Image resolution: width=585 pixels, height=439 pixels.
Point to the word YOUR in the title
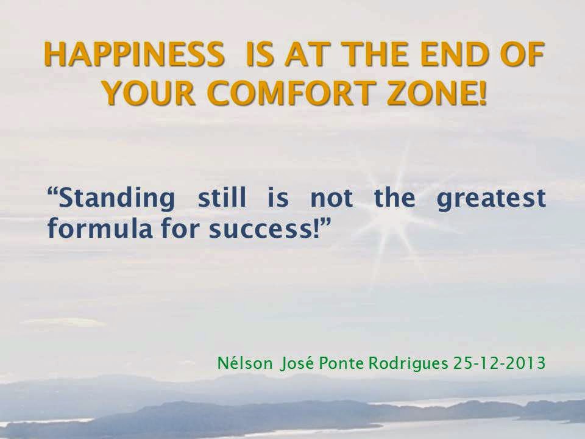149,93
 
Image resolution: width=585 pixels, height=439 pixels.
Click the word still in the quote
222,197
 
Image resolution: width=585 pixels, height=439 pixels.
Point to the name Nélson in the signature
245,362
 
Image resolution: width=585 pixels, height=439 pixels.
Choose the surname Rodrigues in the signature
408,363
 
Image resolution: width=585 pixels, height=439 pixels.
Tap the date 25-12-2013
500,362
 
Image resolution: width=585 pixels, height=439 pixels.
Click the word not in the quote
331,198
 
